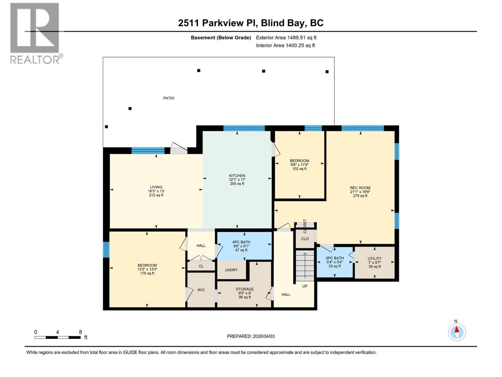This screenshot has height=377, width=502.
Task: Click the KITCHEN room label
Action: [x=237, y=176]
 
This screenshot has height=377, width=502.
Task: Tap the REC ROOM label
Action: [x=360, y=188]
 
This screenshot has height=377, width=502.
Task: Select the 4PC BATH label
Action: [x=241, y=242]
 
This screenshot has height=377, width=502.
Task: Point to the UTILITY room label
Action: [x=374, y=259]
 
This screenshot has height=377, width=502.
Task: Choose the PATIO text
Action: [x=168, y=98]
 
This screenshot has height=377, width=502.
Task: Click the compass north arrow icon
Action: [x=457, y=332]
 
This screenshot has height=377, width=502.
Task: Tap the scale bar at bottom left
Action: [x=57, y=337]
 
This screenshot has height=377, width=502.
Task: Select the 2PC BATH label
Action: [x=334, y=258]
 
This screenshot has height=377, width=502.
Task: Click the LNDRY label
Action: [x=232, y=270]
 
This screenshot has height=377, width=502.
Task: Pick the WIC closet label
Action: [x=201, y=290]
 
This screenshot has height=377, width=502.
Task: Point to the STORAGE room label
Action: [x=245, y=289]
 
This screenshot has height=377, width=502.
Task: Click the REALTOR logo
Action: [x=35, y=33]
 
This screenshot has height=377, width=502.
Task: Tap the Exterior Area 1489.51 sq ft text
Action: [x=286, y=38]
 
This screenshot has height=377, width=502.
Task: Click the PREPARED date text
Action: [x=251, y=336]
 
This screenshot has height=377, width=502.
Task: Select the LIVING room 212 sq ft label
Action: [x=156, y=191]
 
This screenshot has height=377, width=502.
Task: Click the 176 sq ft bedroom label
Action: [x=147, y=269]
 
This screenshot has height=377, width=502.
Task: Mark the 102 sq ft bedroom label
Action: [x=299, y=165]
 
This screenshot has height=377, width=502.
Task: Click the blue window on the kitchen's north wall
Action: [x=244, y=128]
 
